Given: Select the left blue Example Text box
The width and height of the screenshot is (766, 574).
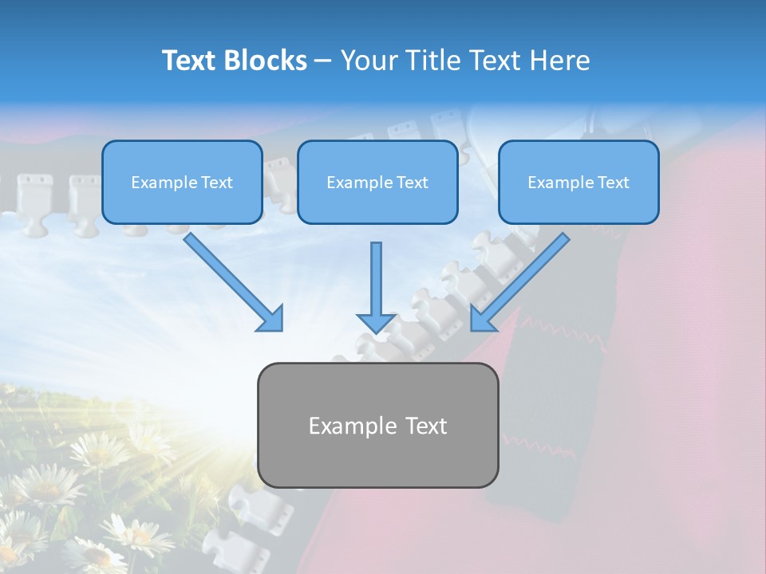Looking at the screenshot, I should pos(182,182).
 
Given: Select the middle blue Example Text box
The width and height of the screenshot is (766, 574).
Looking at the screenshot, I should pos(377,182).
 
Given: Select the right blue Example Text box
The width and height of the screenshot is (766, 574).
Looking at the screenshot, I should pos(578,182).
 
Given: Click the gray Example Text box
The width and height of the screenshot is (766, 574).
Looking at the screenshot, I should pos(377,425).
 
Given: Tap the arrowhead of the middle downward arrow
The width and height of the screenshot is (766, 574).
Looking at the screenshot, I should pos(376,322).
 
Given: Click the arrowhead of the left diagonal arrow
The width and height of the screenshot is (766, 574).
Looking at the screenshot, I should pos(271,319).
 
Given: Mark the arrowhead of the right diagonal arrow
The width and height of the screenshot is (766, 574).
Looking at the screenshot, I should pos(483,318).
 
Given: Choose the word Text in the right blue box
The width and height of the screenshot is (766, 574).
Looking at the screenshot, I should pos(614,183).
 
